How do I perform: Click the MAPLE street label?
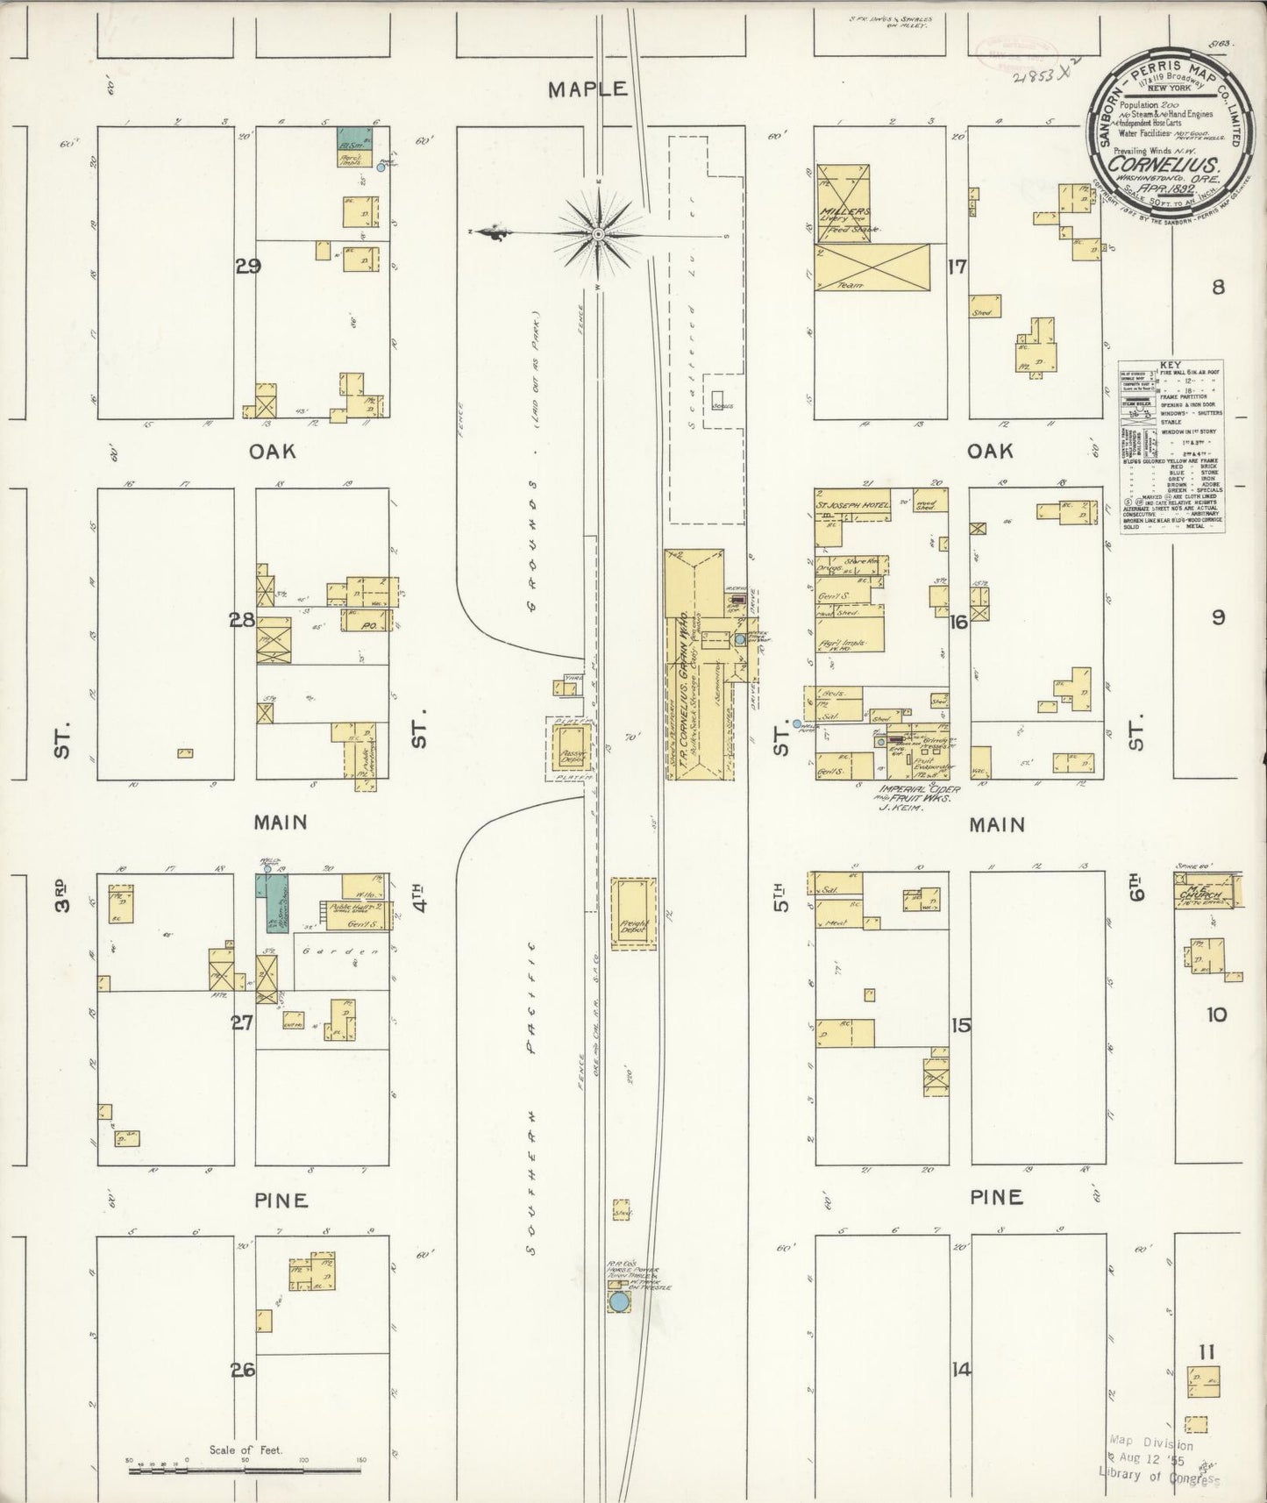588,89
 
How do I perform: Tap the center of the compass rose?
598,234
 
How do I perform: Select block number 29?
248,267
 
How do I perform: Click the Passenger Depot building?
571,748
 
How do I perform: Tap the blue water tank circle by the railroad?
619,1300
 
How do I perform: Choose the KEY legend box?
1170,447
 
